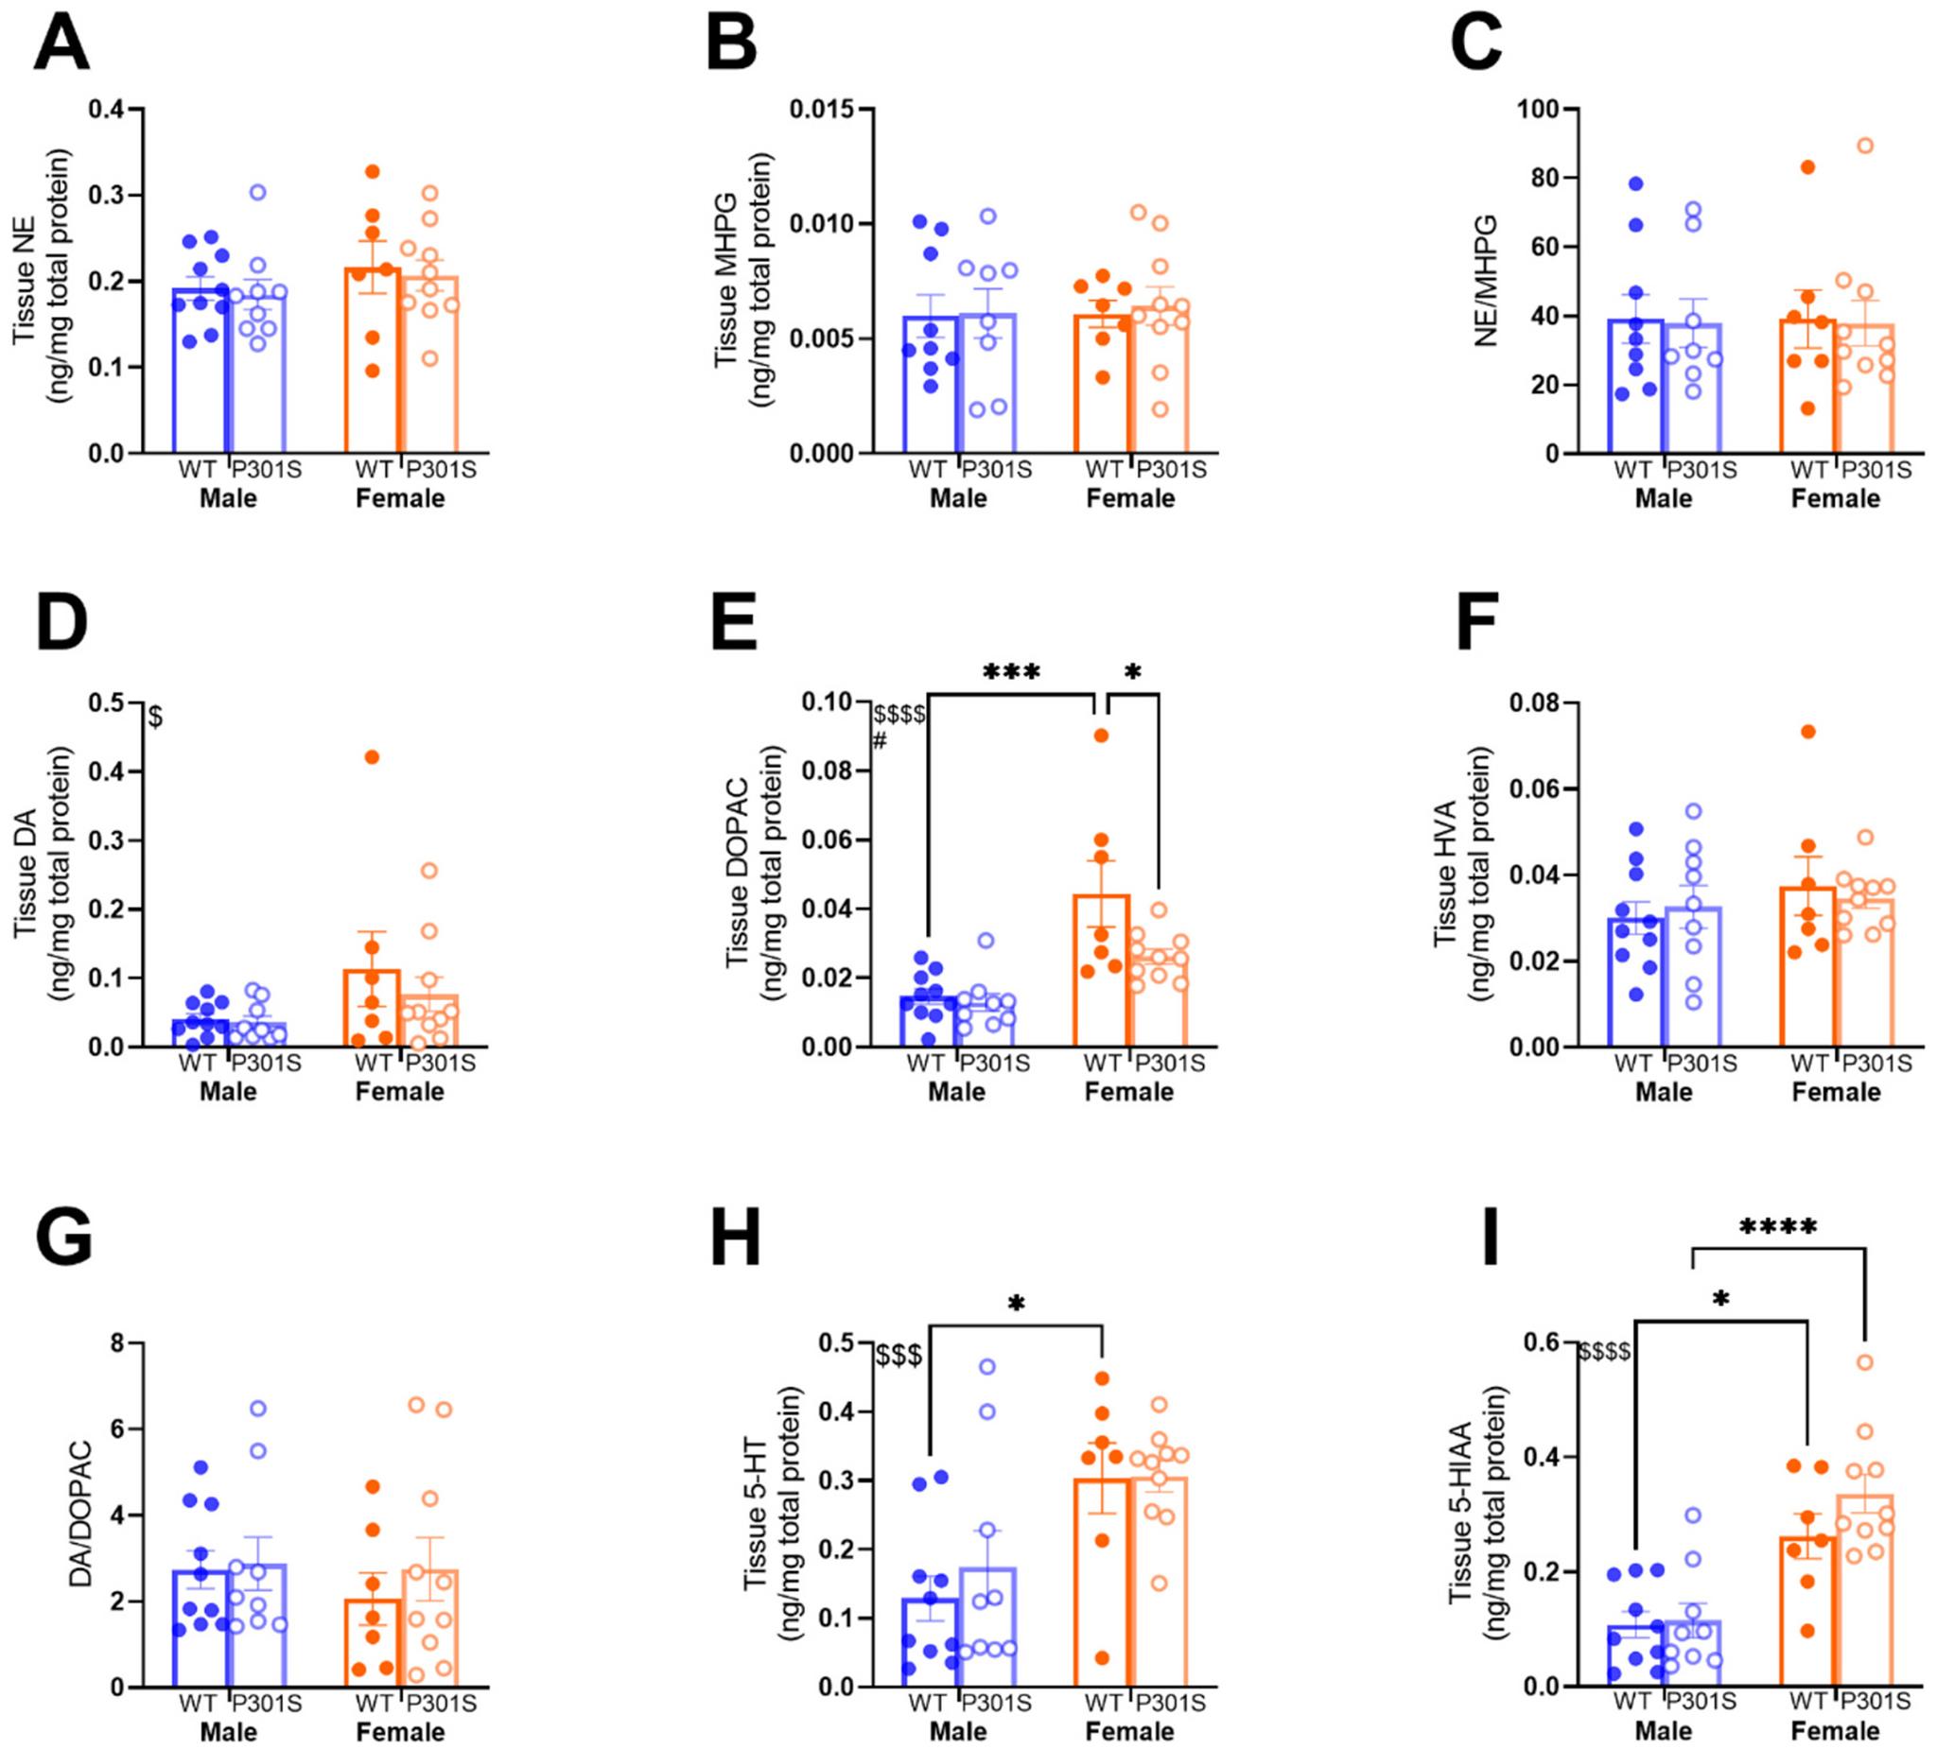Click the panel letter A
61,45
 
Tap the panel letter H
735,1239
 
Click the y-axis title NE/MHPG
1487,281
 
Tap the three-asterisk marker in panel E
1011,672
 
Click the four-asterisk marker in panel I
1777,1227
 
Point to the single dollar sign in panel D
156,717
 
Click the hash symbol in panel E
880,740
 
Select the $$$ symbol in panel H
899,1356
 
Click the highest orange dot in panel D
372,757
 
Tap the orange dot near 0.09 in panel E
1101,736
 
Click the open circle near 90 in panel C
1865,146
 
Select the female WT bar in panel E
1101,970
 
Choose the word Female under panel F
1835,1092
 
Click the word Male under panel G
228,1732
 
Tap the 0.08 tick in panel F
1534,703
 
